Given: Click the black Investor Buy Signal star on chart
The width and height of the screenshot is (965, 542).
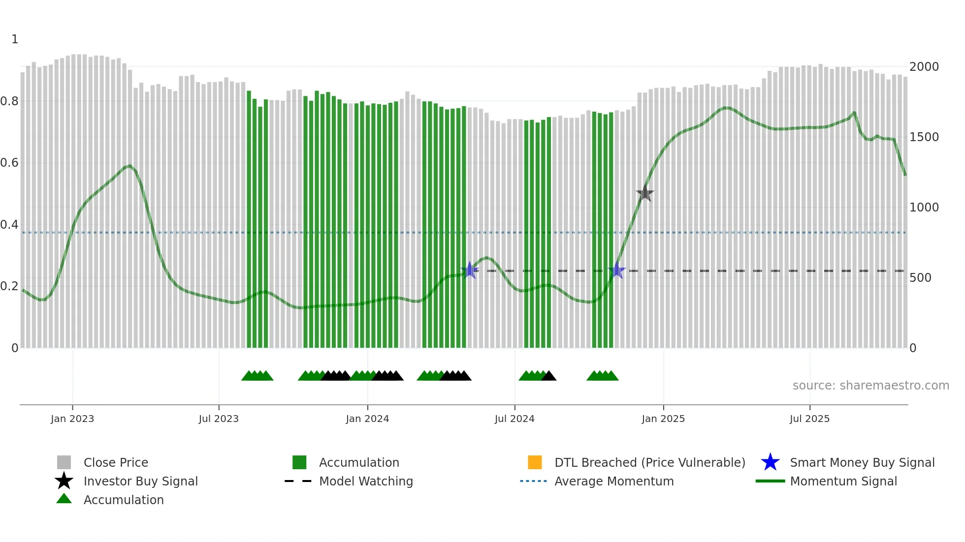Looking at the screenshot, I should coord(644,194).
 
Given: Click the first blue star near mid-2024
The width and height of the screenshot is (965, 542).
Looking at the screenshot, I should coord(470,270).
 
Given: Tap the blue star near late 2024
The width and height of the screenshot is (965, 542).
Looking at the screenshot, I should coord(616,271).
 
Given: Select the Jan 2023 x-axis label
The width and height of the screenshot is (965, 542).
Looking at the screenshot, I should coord(72,419).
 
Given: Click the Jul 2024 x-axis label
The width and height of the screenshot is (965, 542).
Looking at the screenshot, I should coord(515,419).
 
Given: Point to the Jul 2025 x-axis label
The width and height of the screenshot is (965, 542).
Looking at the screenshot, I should coord(809,419).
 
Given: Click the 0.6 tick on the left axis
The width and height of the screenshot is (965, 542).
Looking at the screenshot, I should coord(9,163).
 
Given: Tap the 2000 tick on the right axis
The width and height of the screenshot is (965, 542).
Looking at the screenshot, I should coord(924,67).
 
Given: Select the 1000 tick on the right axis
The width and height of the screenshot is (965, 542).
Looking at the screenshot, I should coord(924,208).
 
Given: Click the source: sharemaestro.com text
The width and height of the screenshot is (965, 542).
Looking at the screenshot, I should coord(870,386).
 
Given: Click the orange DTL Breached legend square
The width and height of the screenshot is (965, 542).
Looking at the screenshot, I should coord(535,462).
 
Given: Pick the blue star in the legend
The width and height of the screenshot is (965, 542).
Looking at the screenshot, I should coord(770,462).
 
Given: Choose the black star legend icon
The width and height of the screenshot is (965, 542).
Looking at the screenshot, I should coord(64,481).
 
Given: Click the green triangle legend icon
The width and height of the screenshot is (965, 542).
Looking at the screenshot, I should coord(64,499).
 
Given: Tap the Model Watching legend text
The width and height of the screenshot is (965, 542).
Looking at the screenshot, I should coord(366,481).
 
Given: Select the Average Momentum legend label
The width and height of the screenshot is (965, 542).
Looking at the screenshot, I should coord(614,481).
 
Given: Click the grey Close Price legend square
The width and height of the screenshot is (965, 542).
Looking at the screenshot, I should coord(64,462).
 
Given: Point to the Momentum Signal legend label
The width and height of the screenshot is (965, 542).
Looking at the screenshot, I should coord(843,481).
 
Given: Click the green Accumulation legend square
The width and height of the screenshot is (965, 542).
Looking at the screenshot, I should coord(299,462).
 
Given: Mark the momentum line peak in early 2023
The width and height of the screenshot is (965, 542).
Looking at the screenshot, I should coord(129,165).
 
